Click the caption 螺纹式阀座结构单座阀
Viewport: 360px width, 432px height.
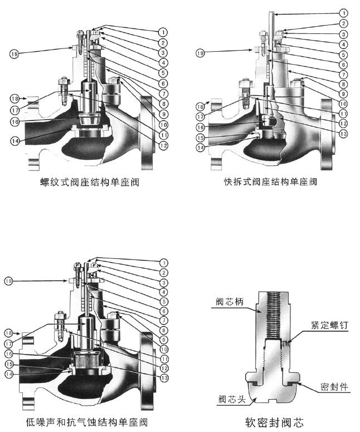[x=89, y=182]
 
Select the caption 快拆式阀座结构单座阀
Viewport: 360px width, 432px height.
[x=270, y=182]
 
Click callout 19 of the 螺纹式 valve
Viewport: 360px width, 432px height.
[x=13, y=53]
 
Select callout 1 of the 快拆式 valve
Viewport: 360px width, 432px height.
[x=344, y=12]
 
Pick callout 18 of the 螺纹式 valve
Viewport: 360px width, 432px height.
[x=13, y=98]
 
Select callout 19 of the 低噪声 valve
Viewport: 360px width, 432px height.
[x=8, y=282]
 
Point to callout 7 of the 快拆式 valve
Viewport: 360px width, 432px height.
[x=344, y=73]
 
